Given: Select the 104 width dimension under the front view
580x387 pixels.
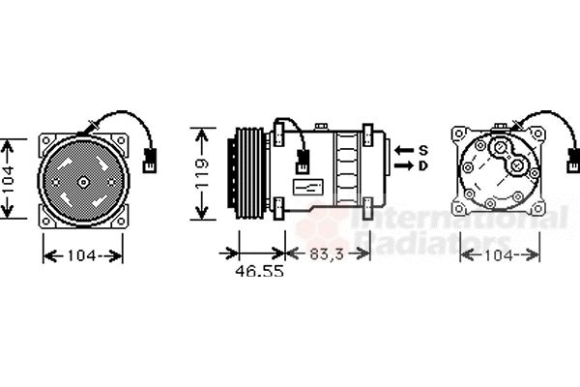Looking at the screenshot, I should pyautogui.click(x=82, y=255).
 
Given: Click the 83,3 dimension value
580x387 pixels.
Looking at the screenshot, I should pyautogui.click(x=328, y=254).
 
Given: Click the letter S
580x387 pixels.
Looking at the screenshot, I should pyautogui.click(x=422, y=150).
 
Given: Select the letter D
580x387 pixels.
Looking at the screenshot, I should pyautogui.click(x=422, y=165).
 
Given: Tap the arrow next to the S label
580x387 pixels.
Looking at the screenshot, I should pyautogui.click(x=403, y=150).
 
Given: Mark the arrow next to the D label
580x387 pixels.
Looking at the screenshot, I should pyautogui.click(x=403, y=165).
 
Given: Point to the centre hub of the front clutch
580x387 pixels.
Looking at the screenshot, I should pyautogui.click(x=82, y=181).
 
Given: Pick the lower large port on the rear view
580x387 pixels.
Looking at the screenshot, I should pyautogui.click(x=519, y=166).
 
